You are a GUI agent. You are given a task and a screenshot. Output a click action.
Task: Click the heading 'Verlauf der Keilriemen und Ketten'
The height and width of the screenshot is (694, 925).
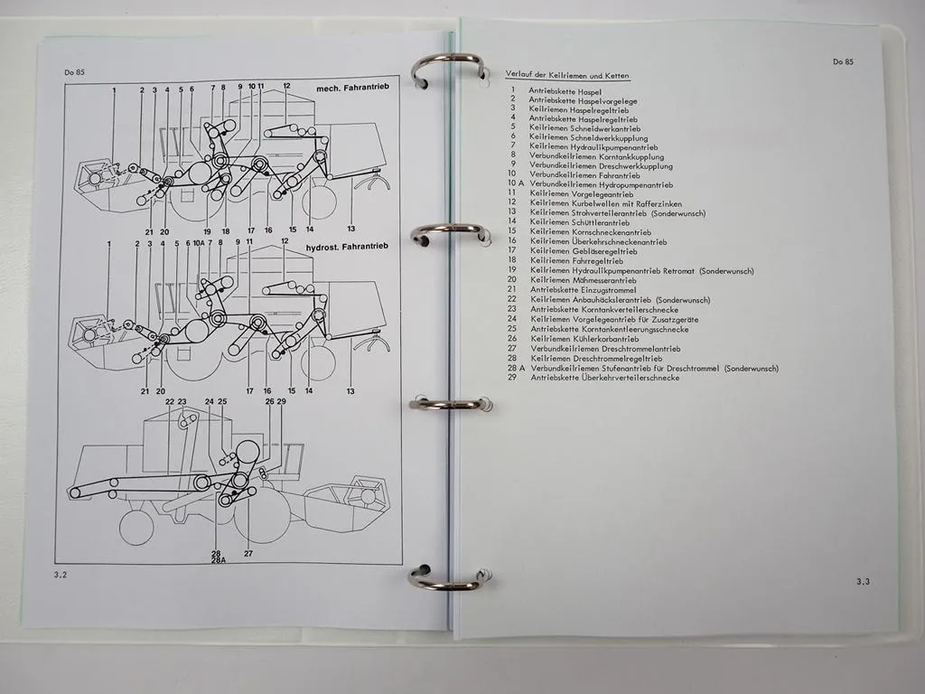[568, 76]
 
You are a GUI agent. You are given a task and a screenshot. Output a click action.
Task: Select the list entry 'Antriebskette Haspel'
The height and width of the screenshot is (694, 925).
[565, 91]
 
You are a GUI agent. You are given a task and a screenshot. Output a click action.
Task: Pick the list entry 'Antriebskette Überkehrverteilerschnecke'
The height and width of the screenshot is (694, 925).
[604, 378]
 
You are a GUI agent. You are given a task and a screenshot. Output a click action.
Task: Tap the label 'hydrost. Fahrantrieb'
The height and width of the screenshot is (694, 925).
[347, 247]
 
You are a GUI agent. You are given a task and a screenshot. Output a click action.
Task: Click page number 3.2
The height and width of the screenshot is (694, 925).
[61, 574]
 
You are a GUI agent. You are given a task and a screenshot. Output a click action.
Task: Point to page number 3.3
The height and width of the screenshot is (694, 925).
[862, 582]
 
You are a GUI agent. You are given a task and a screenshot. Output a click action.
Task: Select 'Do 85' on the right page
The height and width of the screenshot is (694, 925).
[843, 62]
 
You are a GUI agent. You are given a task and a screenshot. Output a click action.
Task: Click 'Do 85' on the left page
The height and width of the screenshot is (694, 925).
[74, 71]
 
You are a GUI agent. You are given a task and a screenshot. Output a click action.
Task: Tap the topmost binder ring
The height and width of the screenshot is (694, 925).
[447, 70]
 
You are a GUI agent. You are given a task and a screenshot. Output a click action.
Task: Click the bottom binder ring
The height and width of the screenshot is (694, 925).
[449, 578]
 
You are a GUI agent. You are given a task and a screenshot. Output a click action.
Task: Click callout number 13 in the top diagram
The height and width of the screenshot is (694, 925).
[350, 230]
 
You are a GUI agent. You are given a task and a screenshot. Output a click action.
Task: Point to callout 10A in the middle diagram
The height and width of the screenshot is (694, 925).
[198, 243]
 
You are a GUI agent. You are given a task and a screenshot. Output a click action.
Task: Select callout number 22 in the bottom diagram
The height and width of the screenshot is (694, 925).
[170, 401]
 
